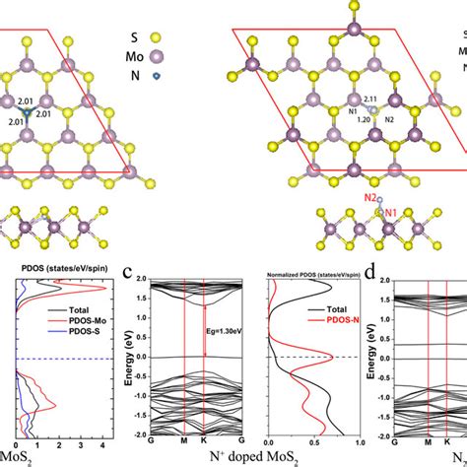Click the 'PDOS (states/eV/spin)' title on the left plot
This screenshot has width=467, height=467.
[58, 264]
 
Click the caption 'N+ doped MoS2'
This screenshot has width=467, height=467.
[201, 459]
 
